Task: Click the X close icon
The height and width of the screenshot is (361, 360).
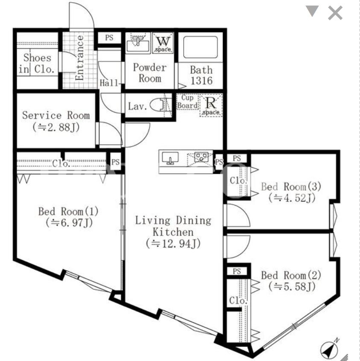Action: [335, 13]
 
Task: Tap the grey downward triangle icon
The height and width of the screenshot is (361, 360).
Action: [312, 11]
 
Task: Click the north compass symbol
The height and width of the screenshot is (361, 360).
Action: [330, 349]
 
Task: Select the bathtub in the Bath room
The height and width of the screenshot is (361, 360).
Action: [201, 47]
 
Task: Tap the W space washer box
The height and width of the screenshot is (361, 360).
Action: [163, 43]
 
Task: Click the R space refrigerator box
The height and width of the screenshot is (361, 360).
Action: [211, 105]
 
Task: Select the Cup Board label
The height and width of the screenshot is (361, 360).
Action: [187, 102]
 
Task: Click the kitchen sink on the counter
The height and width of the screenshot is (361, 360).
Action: [170, 158]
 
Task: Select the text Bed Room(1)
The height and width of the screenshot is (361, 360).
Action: [68, 211]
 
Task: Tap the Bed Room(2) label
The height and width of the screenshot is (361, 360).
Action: [291, 275]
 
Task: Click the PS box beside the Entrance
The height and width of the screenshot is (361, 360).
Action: [109, 38]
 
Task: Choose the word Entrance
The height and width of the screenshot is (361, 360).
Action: [79, 58]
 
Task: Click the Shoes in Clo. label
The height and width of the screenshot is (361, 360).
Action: [37, 63]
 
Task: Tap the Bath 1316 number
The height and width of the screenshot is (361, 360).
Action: [202, 81]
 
